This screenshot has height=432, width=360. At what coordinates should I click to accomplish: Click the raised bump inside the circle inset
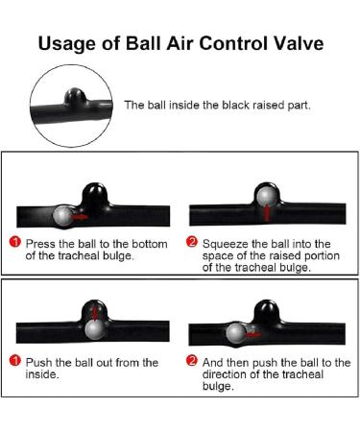point(75,96)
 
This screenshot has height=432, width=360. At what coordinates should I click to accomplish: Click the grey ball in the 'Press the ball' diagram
point(63,216)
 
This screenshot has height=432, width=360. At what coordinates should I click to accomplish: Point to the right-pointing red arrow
point(80,217)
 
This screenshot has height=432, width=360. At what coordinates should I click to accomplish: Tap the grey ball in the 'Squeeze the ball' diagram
point(267,196)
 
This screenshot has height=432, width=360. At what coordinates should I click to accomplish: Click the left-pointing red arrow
point(253,335)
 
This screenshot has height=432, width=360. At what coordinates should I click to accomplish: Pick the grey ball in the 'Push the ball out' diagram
point(95,329)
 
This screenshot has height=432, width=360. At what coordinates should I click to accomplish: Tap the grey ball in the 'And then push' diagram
point(236,333)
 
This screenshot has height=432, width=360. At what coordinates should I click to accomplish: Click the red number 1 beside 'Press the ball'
point(15,242)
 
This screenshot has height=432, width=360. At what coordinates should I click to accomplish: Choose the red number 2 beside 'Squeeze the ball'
point(191,242)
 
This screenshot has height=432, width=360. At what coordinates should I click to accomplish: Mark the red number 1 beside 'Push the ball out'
point(15,361)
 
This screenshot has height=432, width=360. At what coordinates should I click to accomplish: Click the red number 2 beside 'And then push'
point(191,361)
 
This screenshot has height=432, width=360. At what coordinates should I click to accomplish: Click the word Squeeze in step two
point(226,245)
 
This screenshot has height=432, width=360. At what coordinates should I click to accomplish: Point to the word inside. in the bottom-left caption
point(42,374)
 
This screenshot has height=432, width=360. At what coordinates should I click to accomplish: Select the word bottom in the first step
point(150,244)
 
